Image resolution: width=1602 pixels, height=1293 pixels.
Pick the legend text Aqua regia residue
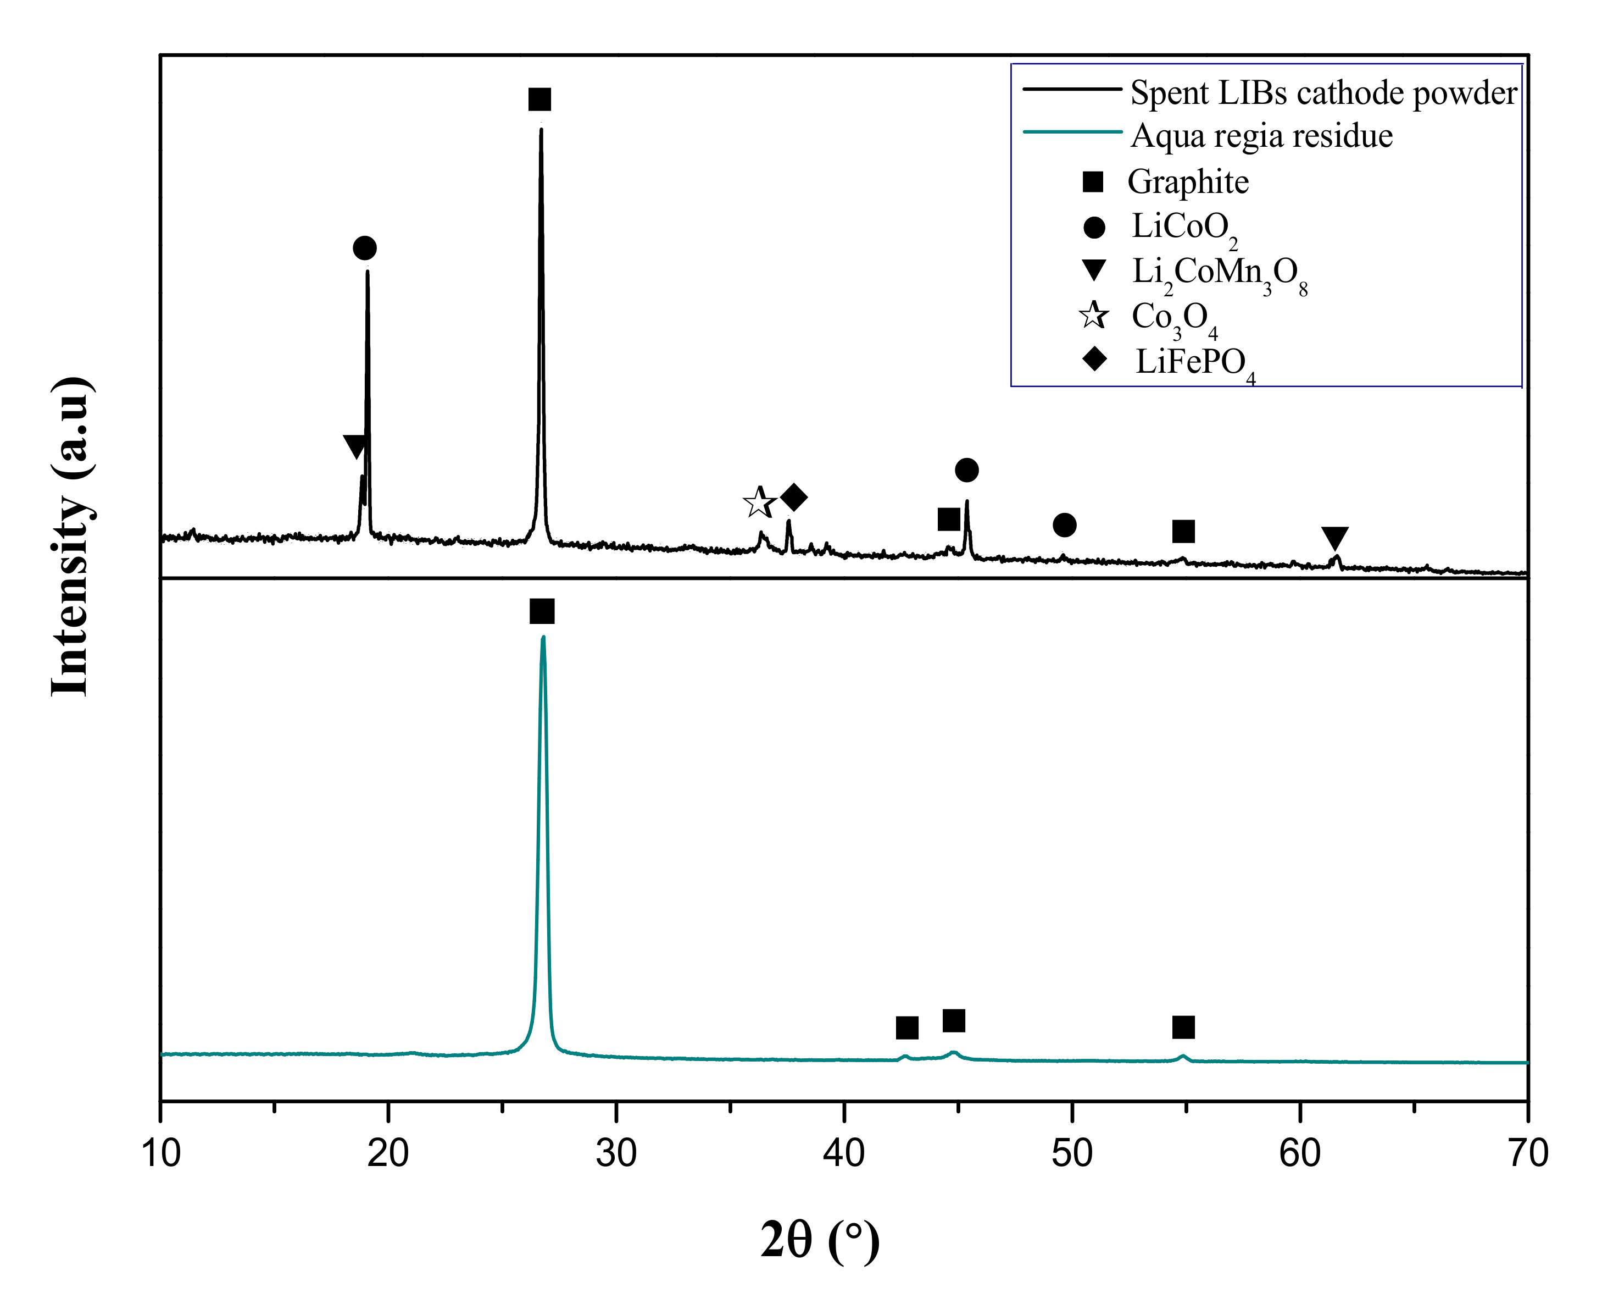click(x=1262, y=136)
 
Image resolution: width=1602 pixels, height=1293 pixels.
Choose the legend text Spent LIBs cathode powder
click(x=1323, y=93)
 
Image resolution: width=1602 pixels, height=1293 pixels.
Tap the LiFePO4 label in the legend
click(x=1195, y=363)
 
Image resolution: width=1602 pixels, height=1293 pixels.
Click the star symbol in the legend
click(x=1094, y=316)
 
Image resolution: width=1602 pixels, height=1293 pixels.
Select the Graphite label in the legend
click(x=1188, y=182)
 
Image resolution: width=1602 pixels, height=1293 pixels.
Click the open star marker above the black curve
click(x=759, y=504)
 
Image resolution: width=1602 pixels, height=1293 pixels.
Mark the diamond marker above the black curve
click(x=793, y=498)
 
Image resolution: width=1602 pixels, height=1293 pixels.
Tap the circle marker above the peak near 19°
click(x=365, y=248)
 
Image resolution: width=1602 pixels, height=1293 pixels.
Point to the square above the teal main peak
click(x=542, y=611)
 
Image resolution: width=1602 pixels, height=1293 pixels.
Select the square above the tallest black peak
click(x=539, y=99)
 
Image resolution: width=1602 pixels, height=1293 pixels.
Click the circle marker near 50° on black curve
click(x=1065, y=525)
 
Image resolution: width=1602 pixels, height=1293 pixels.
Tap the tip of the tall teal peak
click(x=543, y=638)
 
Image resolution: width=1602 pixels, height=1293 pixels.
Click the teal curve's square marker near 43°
click(x=906, y=1028)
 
